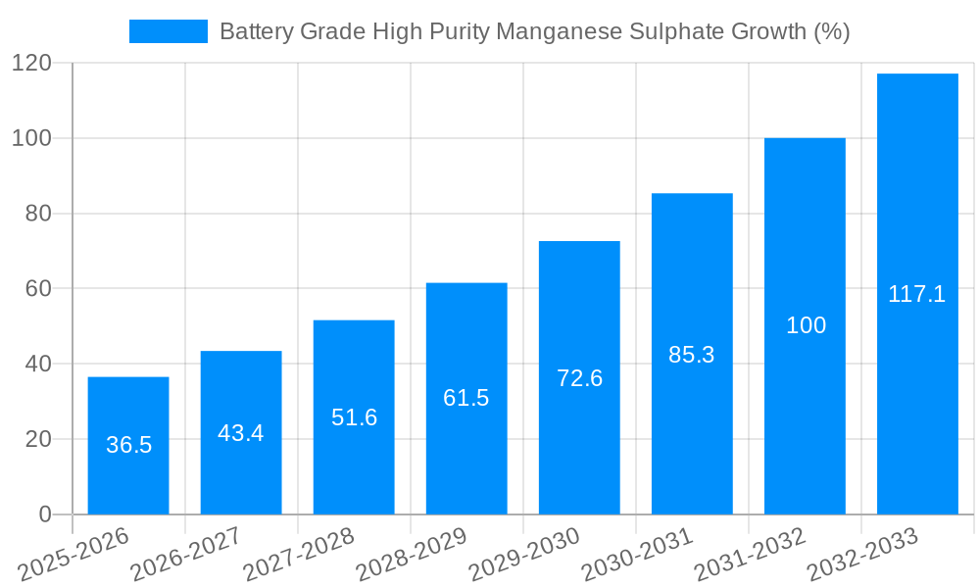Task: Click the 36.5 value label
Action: click(x=128, y=445)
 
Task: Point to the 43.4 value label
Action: click(x=241, y=433)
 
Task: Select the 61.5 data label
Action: click(x=466, y=398)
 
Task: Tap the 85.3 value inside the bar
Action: click(x=692, y=355)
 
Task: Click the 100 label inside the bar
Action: click(x=806, y=325)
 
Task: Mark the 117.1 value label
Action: click(x=917, y=294)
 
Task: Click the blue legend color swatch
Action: click(x=168, y=31)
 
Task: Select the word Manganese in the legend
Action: click(x=555, y=31)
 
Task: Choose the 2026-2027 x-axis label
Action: click(x=185, y=555)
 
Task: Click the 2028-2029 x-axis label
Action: click(x=412, y=555)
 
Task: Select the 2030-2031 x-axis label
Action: click(x=637, y=555)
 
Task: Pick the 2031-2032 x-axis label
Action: click(x=750, y=555)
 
